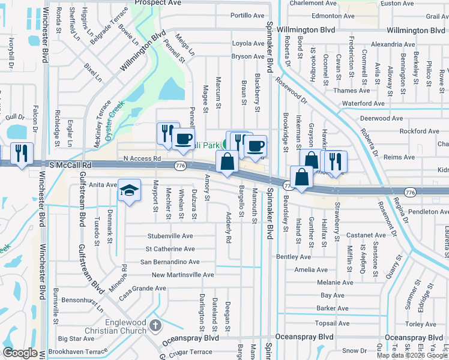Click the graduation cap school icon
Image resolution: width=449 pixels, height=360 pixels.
[x=129, y=190]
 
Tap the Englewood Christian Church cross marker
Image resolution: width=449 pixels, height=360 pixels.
[x=155, y=326]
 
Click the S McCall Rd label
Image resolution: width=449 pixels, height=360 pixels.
[x=70, y=164]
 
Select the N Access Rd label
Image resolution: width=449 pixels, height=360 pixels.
[x=142, y=158]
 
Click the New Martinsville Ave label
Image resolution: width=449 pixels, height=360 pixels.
[x=182, y=275]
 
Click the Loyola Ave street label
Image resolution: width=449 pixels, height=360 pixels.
[x=248, y=43]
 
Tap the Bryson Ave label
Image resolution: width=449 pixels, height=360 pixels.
[x=248, y=56]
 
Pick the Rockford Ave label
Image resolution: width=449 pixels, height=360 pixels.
[x=419, y=131]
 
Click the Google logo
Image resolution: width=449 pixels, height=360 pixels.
[x=20, y=353]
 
